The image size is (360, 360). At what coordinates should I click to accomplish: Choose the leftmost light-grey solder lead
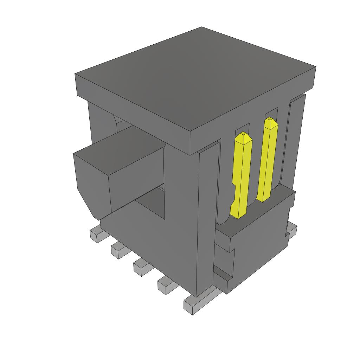tap(96, 235)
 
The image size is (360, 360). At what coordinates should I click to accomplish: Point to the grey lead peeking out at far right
tap(292, 230)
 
